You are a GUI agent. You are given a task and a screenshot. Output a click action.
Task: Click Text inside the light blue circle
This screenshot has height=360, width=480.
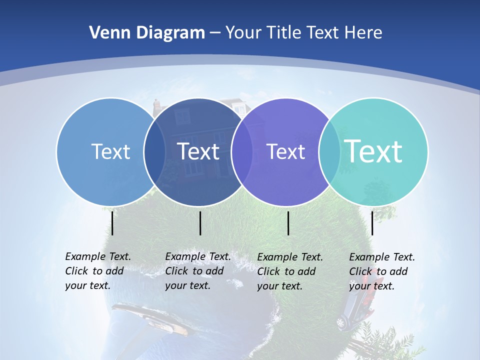[110, 151]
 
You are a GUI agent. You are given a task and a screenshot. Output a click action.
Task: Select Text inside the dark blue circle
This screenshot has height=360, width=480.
[198, 151]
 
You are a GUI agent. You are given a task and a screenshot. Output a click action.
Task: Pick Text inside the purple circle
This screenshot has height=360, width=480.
[286, 151]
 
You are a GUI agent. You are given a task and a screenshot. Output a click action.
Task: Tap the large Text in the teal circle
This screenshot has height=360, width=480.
[373, 151]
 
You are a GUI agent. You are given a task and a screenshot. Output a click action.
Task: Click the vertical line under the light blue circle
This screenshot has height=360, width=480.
[112, 223]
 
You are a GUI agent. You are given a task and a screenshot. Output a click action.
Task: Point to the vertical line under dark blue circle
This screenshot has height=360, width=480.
[200, 223]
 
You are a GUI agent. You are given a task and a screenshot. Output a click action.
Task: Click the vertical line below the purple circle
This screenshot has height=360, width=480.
[288, 223]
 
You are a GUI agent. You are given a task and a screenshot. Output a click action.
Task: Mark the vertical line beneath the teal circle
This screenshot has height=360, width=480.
[372, 223]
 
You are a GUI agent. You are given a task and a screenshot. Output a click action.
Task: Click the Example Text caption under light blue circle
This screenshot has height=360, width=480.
[97, 271]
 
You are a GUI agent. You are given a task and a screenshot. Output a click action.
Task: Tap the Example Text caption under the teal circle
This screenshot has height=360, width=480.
[381, 271]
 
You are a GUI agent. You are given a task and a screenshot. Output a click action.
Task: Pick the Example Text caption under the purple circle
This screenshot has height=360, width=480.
[289, 271]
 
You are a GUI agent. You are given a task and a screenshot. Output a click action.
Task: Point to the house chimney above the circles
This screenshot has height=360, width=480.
[157, 105]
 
